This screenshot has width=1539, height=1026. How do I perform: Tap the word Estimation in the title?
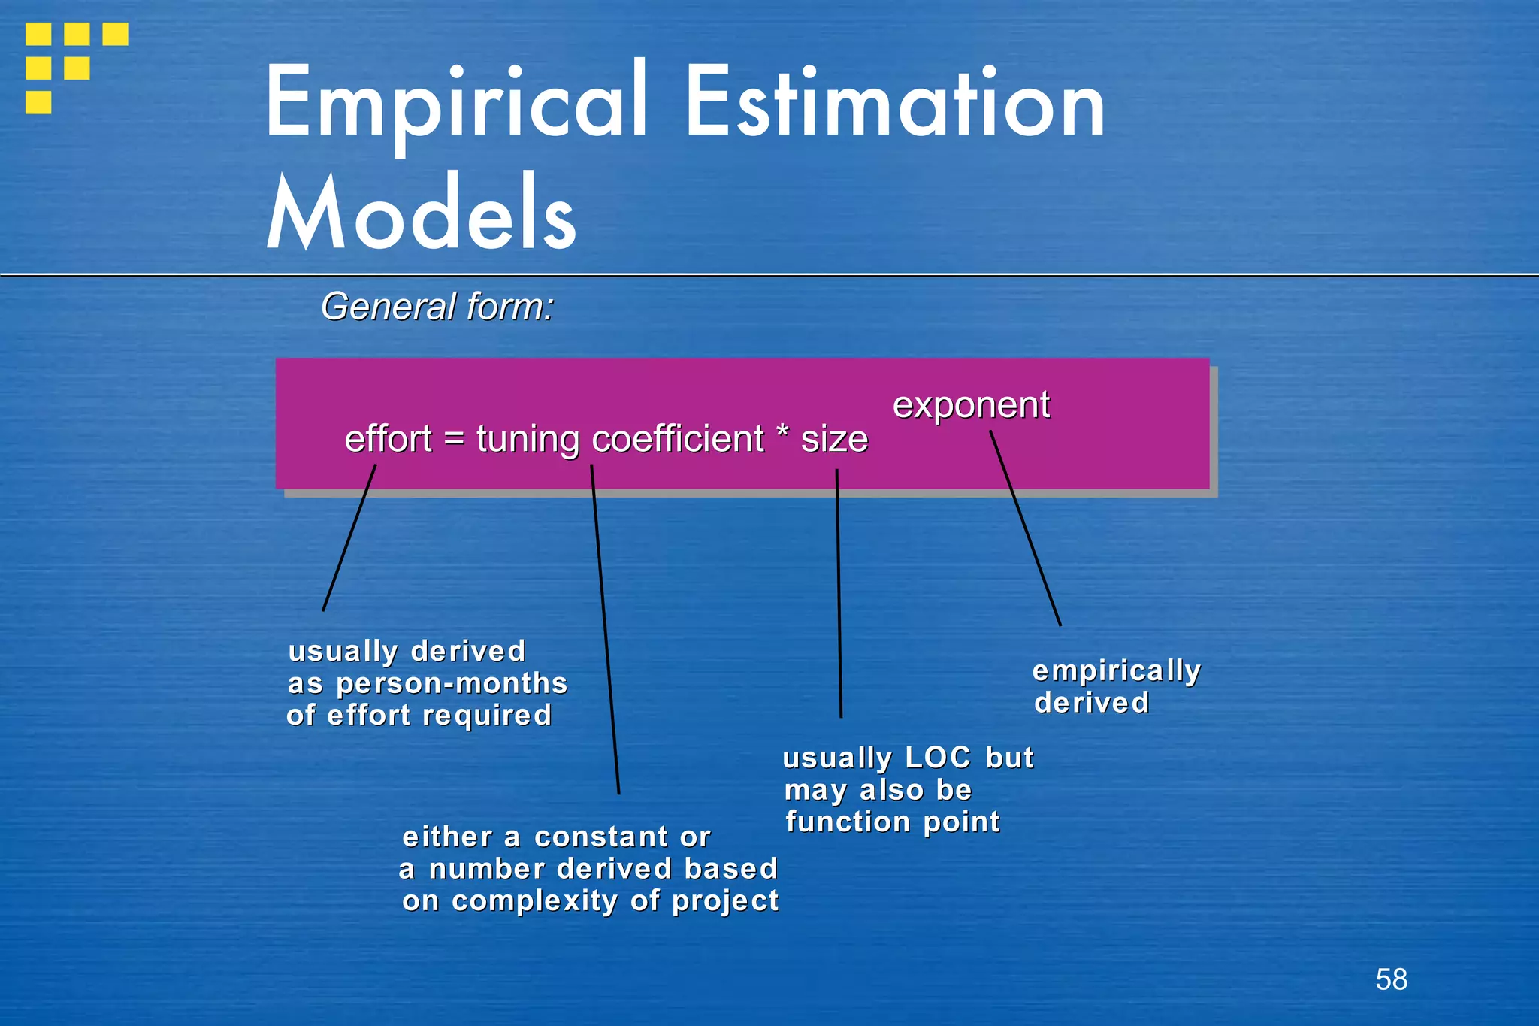895,103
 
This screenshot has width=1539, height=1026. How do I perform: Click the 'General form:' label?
437,307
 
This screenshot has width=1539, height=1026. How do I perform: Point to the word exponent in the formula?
971,405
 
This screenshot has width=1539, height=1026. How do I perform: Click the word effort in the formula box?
388,439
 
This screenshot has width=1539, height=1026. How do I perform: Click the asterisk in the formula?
782,434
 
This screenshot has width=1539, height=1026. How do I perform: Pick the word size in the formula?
834,439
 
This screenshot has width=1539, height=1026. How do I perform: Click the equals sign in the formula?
454,438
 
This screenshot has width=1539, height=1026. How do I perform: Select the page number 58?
1391,979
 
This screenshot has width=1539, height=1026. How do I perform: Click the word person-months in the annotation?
452,684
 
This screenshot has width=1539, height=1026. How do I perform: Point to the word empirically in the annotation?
1117,671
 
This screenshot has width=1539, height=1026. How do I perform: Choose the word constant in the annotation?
601,837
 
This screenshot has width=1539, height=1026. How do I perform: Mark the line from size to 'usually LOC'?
839,594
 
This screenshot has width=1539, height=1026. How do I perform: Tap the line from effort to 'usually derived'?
349,537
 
